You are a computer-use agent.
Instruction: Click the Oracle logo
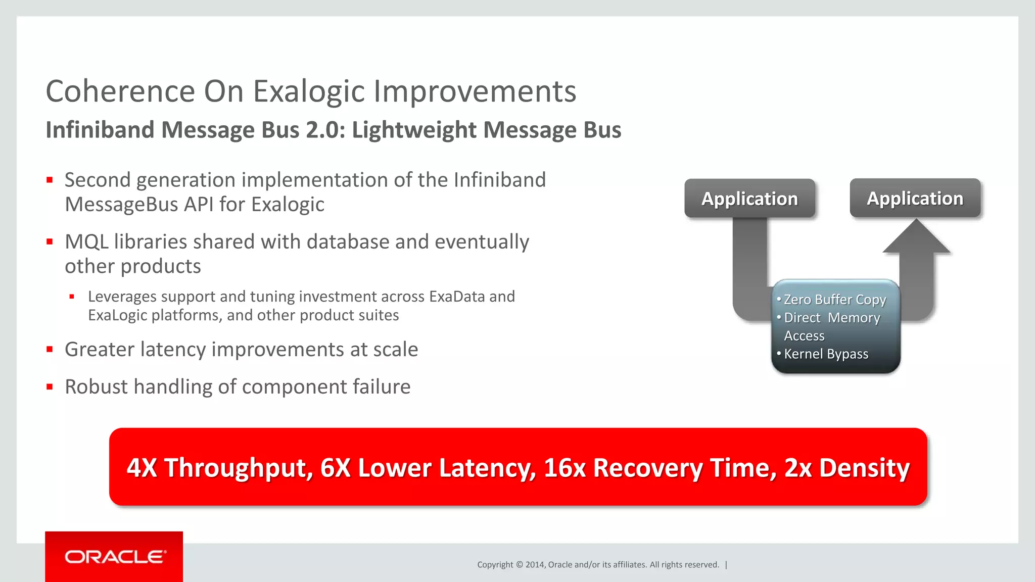click(115, 557)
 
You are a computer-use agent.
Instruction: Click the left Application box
click(749, 199)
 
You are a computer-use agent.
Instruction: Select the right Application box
click(915, 198)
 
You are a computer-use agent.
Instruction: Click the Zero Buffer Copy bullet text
click(834, 300)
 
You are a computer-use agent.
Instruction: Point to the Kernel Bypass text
click(826, 354)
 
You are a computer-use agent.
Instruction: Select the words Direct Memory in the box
click(832, 318)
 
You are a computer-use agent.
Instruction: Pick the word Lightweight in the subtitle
click(413, 130)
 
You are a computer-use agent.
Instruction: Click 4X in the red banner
click(142, 467)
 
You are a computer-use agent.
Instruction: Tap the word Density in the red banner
click(864, 467)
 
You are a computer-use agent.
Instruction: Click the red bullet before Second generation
click(50, 180)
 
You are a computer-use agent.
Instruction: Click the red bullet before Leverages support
click(72, 297)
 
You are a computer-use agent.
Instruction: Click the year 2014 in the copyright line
click(534, 565)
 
